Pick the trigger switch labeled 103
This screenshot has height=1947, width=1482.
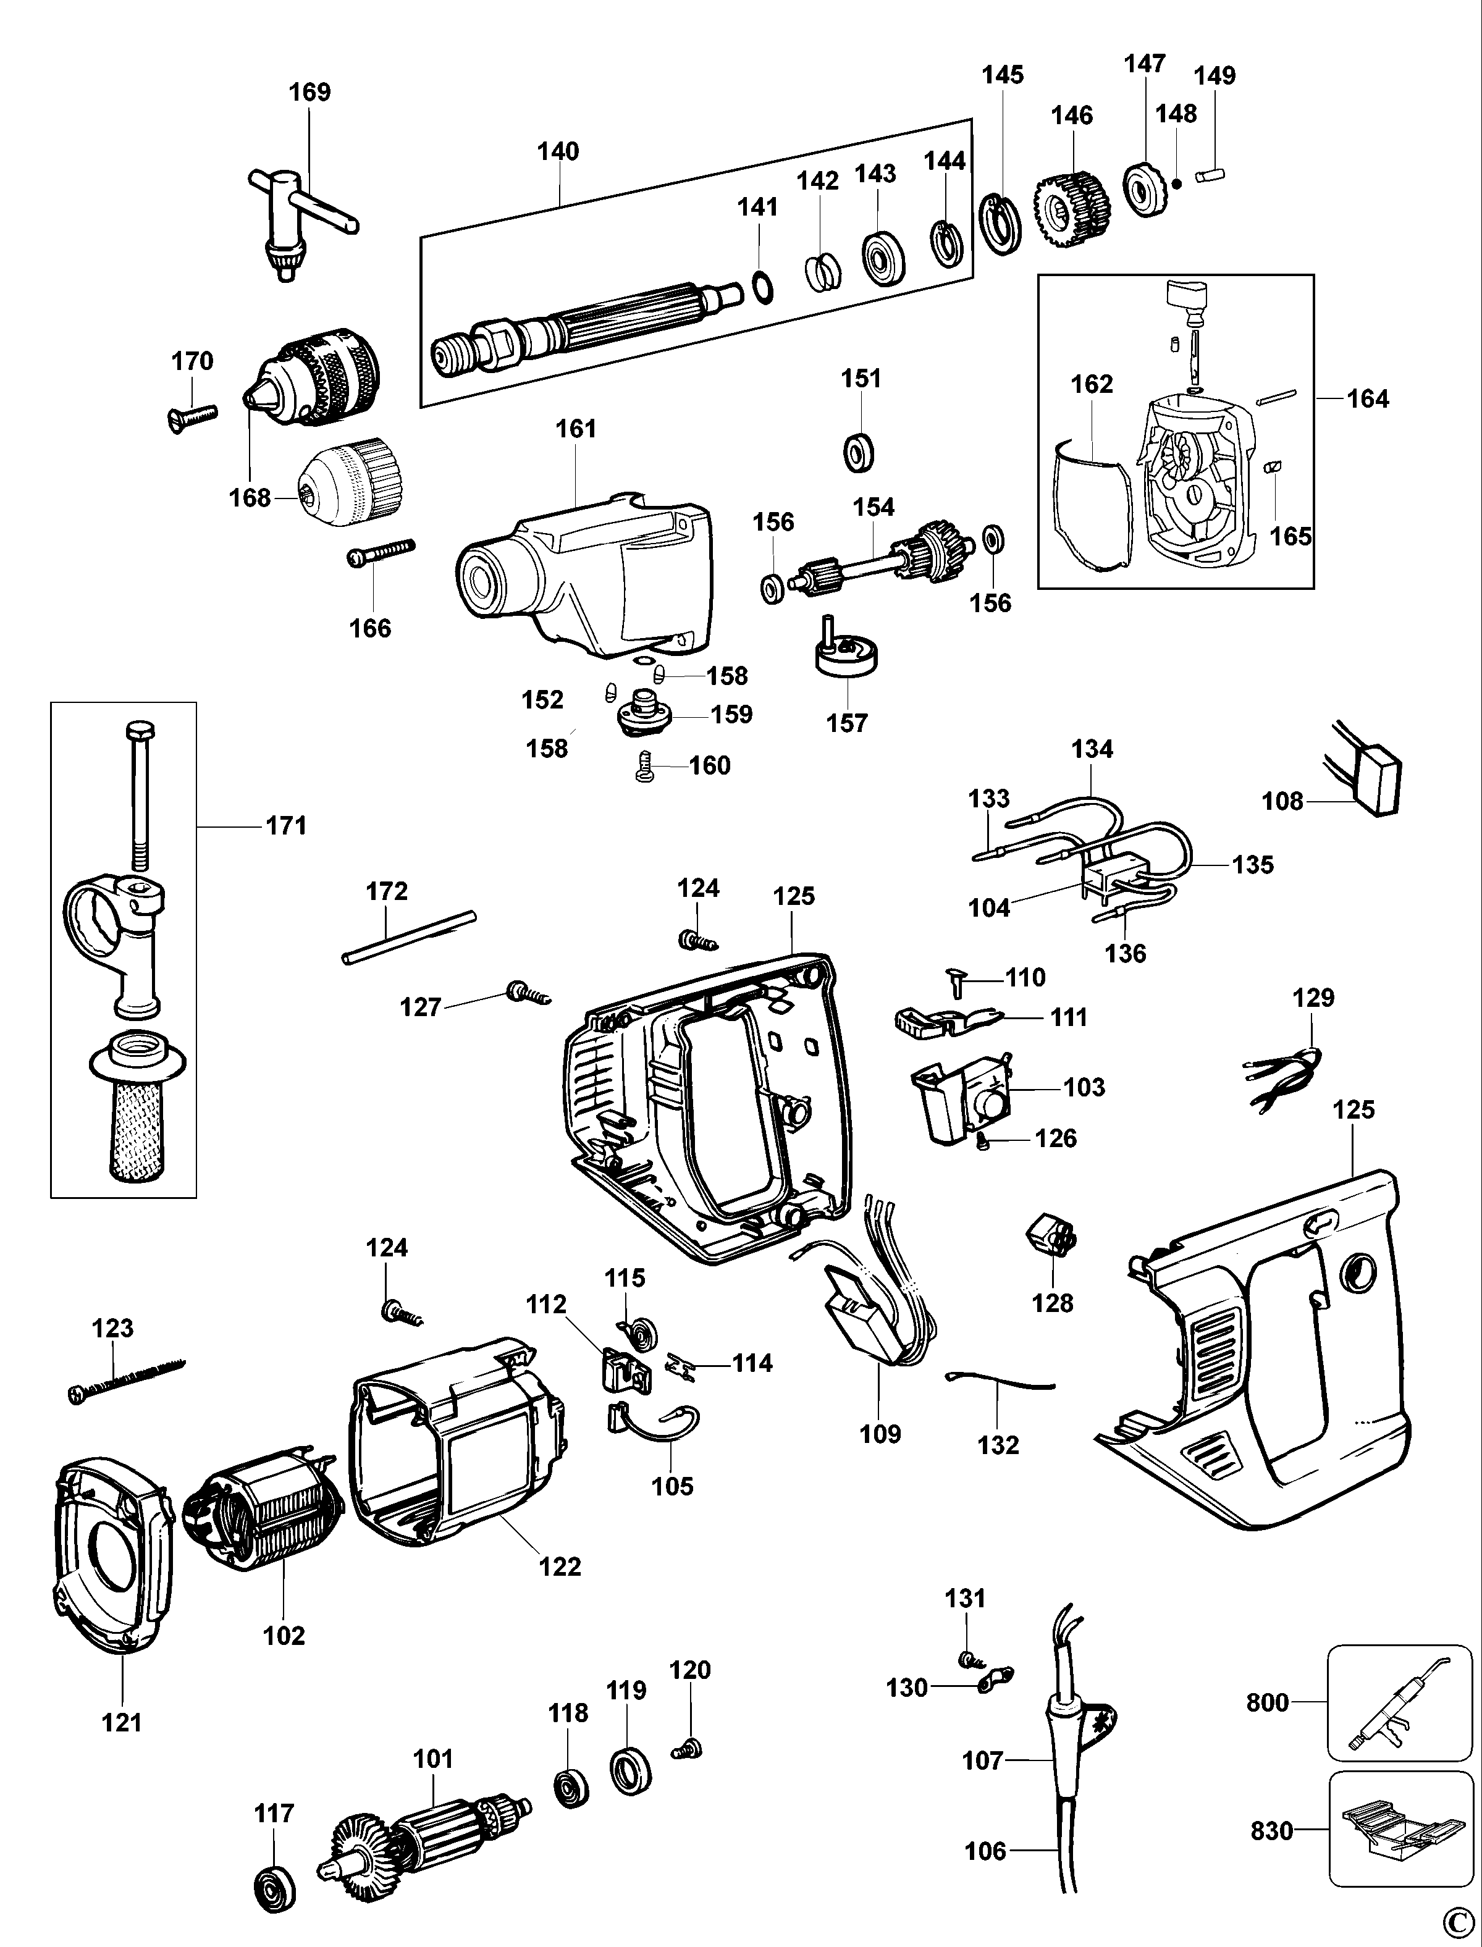click(961, 1102)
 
